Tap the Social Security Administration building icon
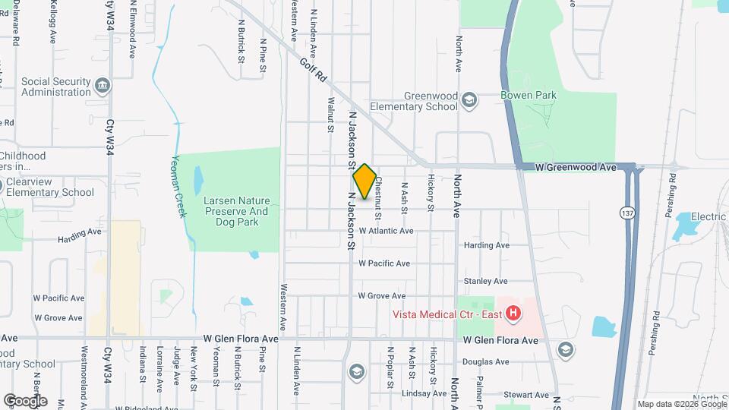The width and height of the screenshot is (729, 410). [x=101, y=87]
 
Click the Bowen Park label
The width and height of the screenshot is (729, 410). [x=529, y=95]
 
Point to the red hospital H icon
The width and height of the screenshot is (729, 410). [x=513, y=312]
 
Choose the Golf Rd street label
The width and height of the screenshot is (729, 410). [x=312, y=71]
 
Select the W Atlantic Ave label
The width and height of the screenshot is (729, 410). [x=387, y=231]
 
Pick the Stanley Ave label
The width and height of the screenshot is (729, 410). [x=486, y=281]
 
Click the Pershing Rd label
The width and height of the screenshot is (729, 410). [x=672, y=196]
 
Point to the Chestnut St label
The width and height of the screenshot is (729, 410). [x=377, y=190]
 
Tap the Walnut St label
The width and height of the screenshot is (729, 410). [x=330, y=115]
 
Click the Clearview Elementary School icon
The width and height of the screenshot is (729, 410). [x=2, y=184]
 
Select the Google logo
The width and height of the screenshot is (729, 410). [x=24, y=400]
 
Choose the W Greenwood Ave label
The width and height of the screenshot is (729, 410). [x=575, y=167]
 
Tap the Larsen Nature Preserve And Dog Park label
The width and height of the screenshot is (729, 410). [x=237, y=211]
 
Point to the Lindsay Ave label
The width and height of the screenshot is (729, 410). [x=424, y=393]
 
